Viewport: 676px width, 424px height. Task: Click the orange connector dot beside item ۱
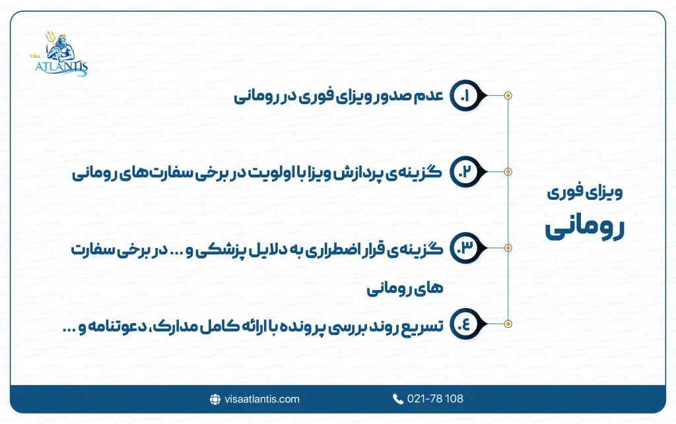[508, 96]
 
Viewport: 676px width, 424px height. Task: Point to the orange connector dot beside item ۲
[508, 172]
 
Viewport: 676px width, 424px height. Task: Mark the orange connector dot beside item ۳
[508, 248]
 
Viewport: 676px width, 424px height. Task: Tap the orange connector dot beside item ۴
[508, 324]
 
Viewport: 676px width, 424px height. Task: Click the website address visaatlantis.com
[262, 399]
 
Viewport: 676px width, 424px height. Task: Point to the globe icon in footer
[215, 399]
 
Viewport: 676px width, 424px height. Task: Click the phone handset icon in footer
[397, 399]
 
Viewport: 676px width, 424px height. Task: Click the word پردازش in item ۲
[370, 173]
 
